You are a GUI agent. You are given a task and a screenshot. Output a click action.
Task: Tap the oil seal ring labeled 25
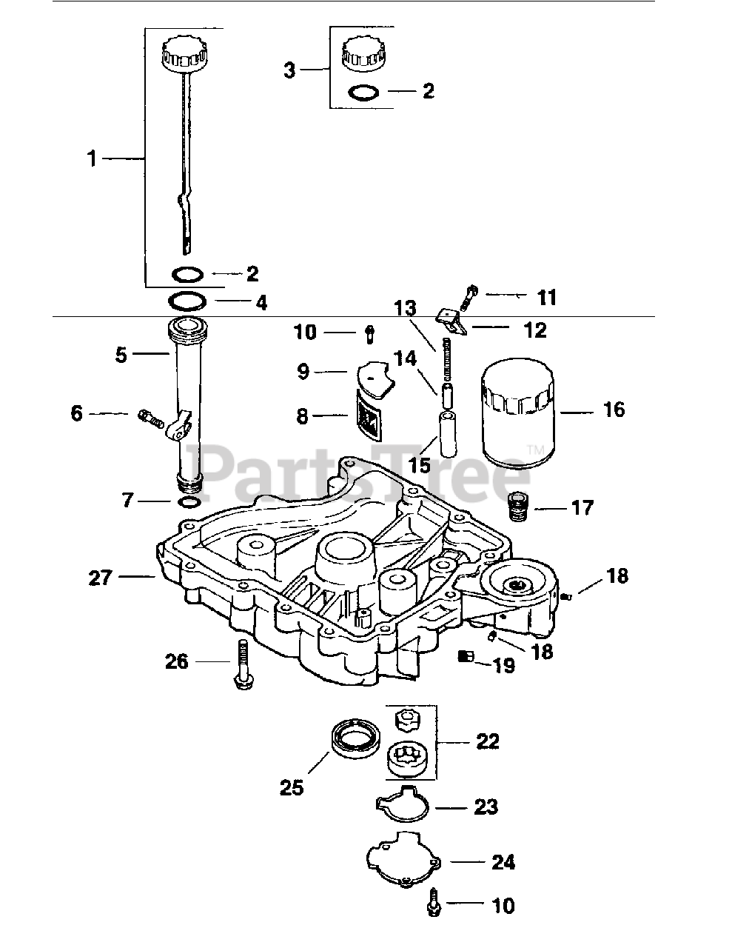tap(356, 739)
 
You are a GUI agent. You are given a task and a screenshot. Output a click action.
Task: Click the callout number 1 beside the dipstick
tap(92, 158)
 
